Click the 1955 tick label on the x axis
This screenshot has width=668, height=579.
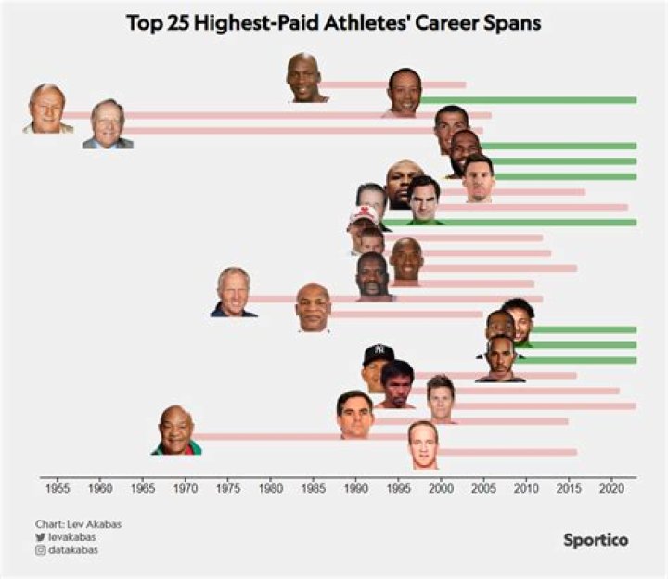(x=57, y=486)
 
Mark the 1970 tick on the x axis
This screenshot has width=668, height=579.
(x=185, y=486)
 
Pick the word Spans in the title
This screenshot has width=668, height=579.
(x=512, y=23)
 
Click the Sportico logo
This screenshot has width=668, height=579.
(x=595, y=539)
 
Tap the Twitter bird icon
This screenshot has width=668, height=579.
(x=40, y=536)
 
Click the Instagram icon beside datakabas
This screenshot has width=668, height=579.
(x=40, y=549)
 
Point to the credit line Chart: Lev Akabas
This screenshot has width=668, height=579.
(x=78, y=524)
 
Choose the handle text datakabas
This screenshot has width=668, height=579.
(x=73, y=549)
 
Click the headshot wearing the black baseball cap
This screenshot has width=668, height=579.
(x=378, y=363)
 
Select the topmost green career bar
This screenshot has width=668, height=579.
(x=529, y=99)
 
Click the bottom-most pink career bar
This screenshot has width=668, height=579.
(x=507, y=452)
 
